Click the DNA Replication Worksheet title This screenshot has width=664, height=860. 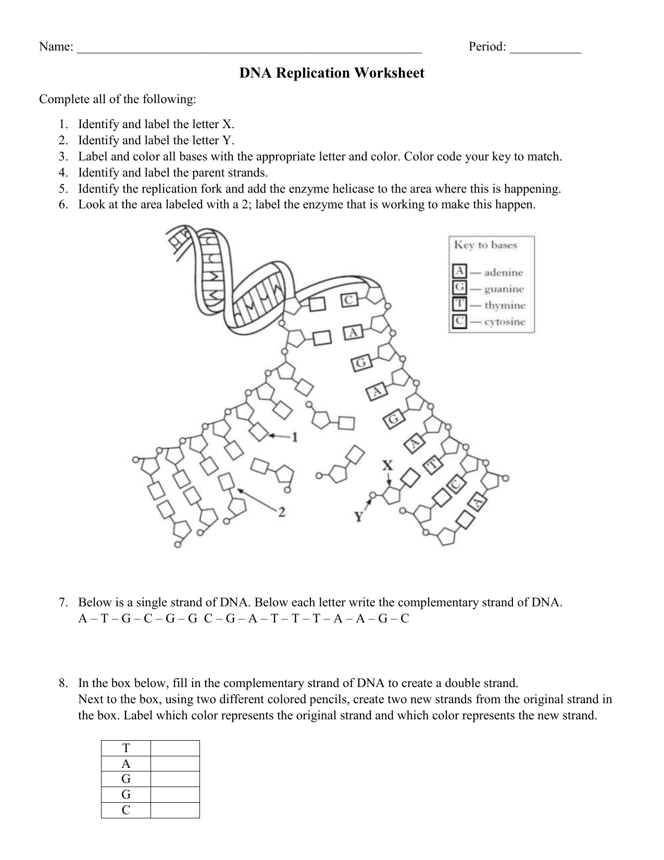click(x=332, y=73)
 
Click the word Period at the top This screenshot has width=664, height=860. click(x=486, y=47)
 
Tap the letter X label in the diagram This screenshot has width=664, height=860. click(x=387, y=465)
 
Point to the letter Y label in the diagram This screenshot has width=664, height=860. click(x=359, y=516)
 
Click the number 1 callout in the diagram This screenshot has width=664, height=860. click(x=294, y=437)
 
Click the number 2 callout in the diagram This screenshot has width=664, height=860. click(x=281, y=512)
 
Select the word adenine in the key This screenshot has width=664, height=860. click(x=503, y=272)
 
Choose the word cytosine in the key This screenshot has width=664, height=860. click(x=504, y=321)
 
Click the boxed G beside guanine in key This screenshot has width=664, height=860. click(x=459, y=288)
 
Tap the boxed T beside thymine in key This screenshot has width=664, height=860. click(x=459, y=304)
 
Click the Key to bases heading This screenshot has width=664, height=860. click(x=485, y=245)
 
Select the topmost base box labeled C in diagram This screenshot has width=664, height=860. click(x=349, y=300)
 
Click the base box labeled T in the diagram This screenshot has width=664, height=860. click(x=433, y=464)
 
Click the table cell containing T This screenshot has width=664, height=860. click(x=126, y=748)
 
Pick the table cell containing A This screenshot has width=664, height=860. click(x=126, y=764)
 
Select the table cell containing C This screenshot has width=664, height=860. click(x=126, y=810)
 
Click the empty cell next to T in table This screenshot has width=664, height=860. click(x=175, y=748)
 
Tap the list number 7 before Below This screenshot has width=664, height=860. click(x=63, y=603)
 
